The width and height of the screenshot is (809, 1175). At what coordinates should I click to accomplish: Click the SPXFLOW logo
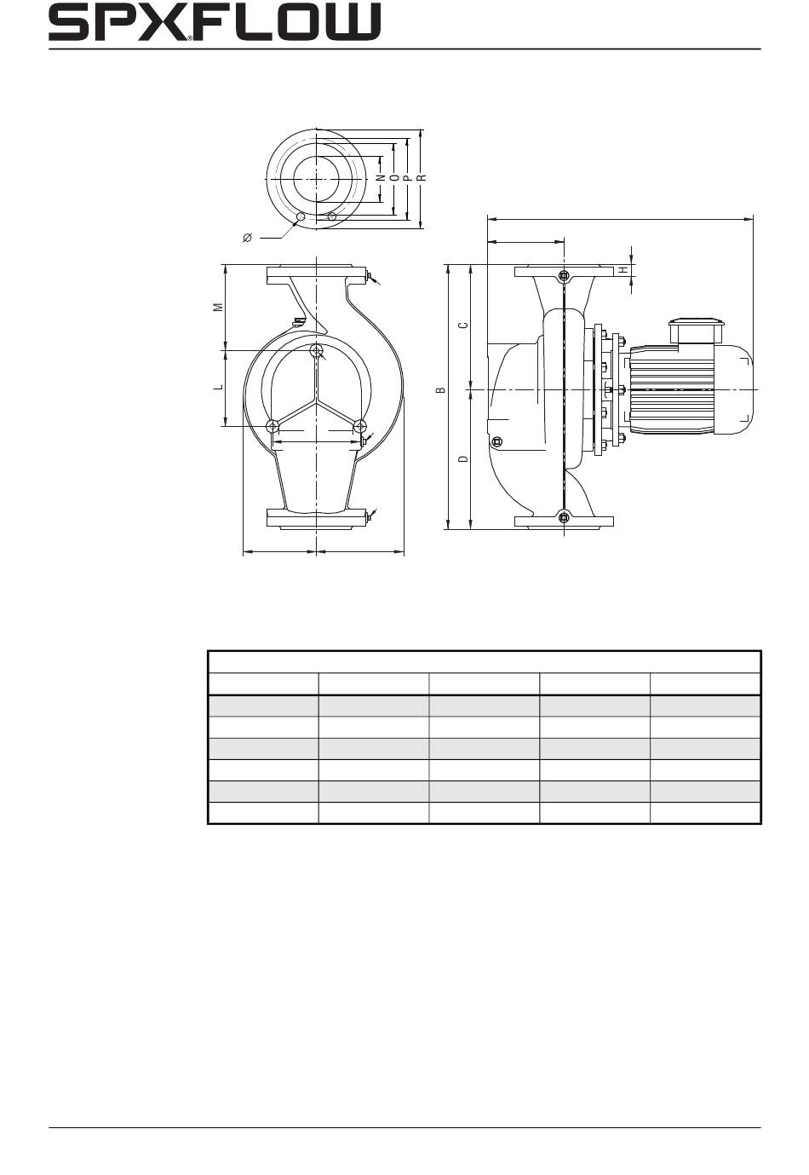pos(215,21)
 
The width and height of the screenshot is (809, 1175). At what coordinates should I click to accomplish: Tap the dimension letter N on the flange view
pos(382,178)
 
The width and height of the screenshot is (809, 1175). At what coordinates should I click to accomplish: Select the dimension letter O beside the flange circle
pos(394,178)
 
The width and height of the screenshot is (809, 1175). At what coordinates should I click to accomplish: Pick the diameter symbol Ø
pos(248,238)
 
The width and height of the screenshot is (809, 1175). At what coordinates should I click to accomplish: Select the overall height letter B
pos(441,389)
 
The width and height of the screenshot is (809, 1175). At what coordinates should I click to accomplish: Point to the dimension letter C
pos(463,325)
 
